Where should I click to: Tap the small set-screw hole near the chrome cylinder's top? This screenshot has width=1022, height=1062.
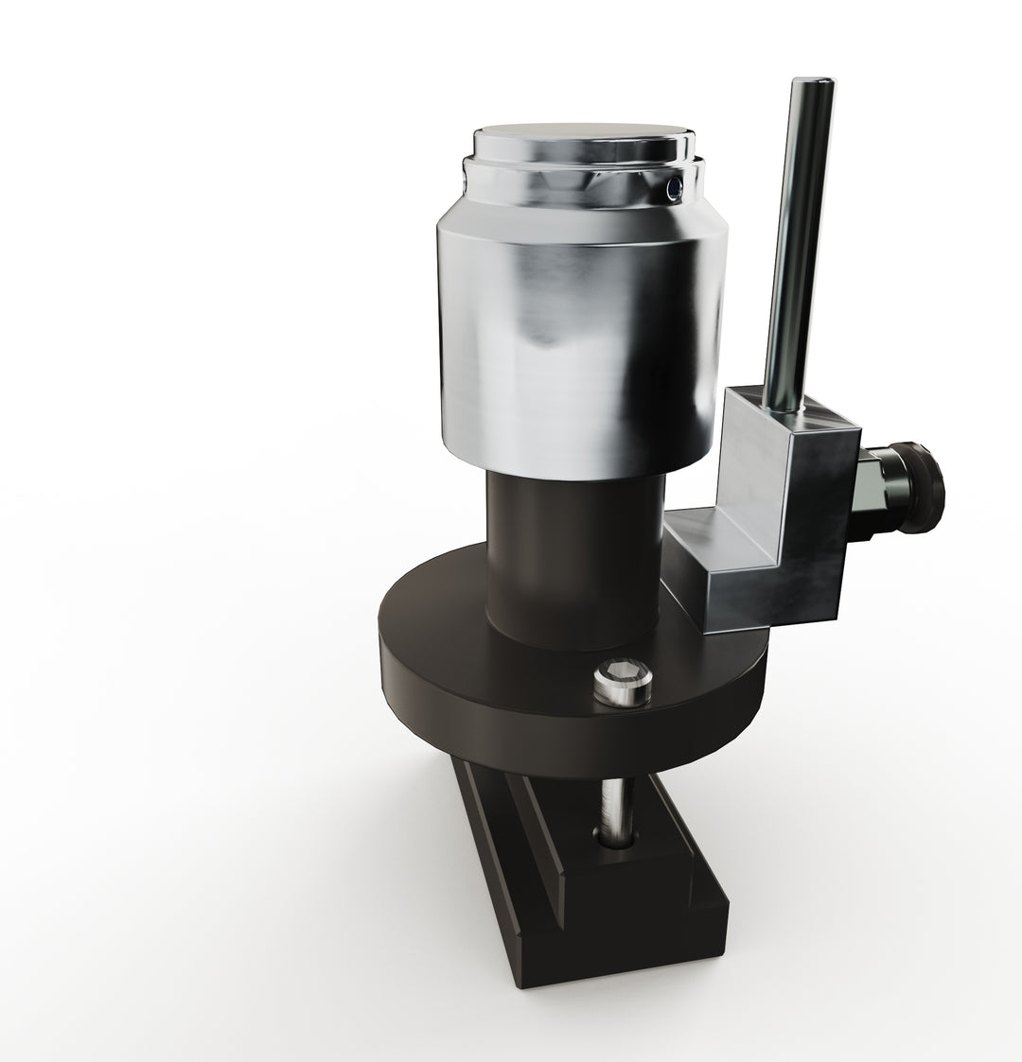673,190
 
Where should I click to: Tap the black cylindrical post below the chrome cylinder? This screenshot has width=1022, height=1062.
573,558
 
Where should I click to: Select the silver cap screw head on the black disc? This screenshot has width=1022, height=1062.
623,685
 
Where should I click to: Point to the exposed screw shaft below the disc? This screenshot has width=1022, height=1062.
616,804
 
